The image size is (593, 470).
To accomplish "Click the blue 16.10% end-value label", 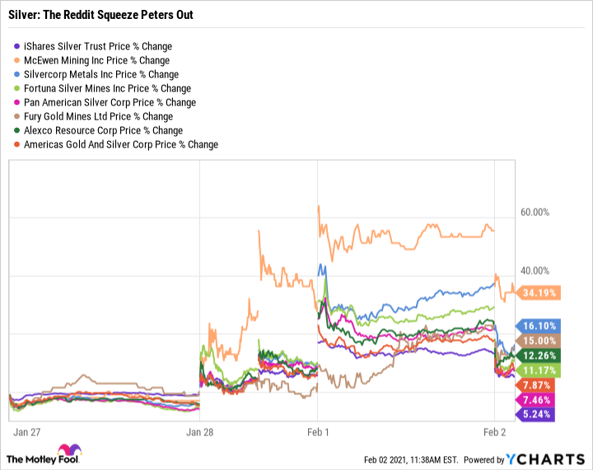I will pos(538,327).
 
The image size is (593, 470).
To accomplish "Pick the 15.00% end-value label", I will pos(538,341).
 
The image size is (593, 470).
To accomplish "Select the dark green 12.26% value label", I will pos(538,355).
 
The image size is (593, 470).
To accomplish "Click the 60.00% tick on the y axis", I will pos(535,212).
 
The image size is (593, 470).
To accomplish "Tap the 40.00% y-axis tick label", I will pos(535,271).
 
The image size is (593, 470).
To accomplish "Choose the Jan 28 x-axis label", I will pos(200,431).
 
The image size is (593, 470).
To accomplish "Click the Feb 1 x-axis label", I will pos(318,431).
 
